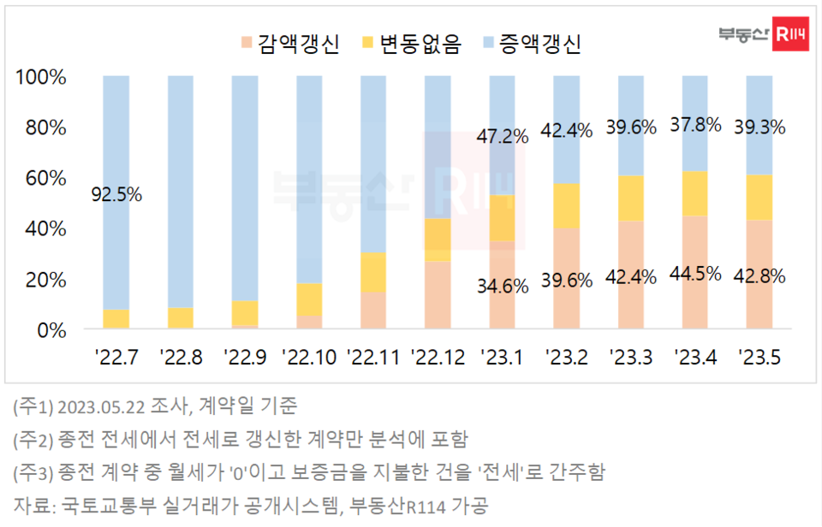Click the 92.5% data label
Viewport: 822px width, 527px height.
point(116,194)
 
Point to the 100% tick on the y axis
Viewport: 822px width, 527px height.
point(41,77)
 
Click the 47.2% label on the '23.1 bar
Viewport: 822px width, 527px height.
point(503,136)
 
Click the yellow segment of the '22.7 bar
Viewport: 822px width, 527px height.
point(116,318)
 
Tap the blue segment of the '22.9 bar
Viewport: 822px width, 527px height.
point(245,188)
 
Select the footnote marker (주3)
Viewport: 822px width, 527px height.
point(32,471)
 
